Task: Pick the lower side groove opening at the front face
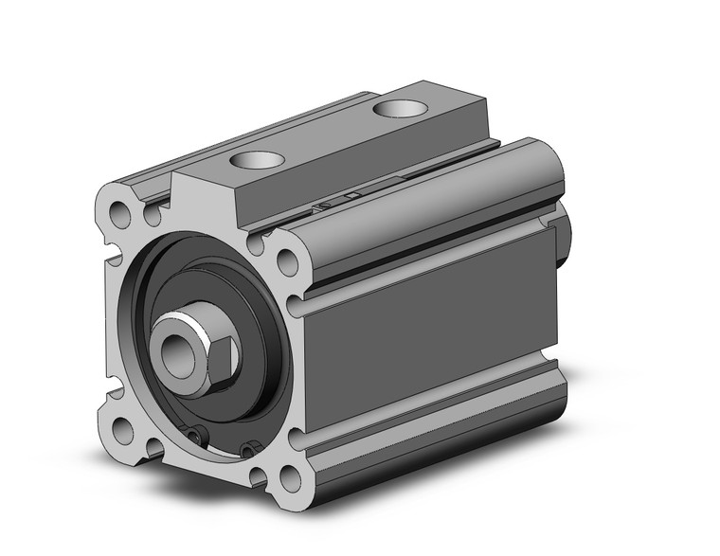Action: coord(294,438)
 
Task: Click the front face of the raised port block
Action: coord(204,199)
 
